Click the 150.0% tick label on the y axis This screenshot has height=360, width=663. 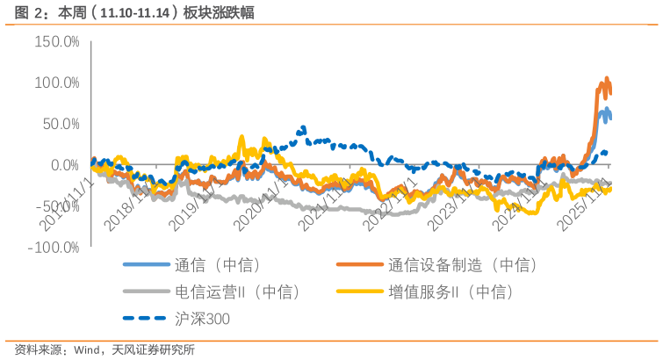(56, 41)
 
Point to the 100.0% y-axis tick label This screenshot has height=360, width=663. (56, 83)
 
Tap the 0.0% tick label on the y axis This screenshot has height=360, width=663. (63, 165)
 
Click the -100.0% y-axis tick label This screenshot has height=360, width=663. (54, 247)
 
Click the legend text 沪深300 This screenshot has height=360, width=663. (202, 319)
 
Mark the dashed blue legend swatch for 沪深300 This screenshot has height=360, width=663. (146, 319)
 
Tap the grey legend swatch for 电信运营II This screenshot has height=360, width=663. (146, 292)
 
